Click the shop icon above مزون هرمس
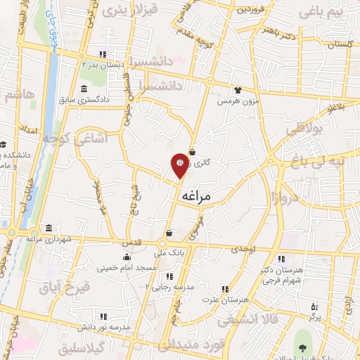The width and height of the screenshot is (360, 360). click(x=238, y=90)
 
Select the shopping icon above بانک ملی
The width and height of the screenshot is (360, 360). click(x=169, y=233)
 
